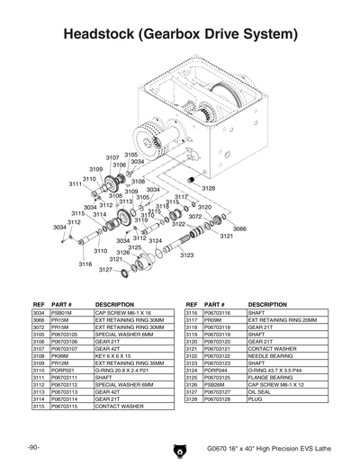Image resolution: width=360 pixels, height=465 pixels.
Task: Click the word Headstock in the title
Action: pos(104,35)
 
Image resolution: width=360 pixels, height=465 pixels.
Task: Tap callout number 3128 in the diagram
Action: pos(208,188)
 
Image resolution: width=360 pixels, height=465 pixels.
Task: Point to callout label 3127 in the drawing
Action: pos(105,270)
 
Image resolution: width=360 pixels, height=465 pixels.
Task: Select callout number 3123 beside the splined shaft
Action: pos(186,255)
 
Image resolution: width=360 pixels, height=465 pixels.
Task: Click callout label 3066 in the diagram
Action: pos(239,229)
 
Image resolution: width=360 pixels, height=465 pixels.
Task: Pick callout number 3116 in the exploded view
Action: pos(85,264)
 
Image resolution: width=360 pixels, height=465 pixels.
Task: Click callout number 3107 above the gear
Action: pos(112,157)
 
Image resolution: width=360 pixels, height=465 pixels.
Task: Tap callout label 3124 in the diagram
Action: pos(155,241)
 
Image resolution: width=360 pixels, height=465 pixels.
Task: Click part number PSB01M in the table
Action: pos(63,313)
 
